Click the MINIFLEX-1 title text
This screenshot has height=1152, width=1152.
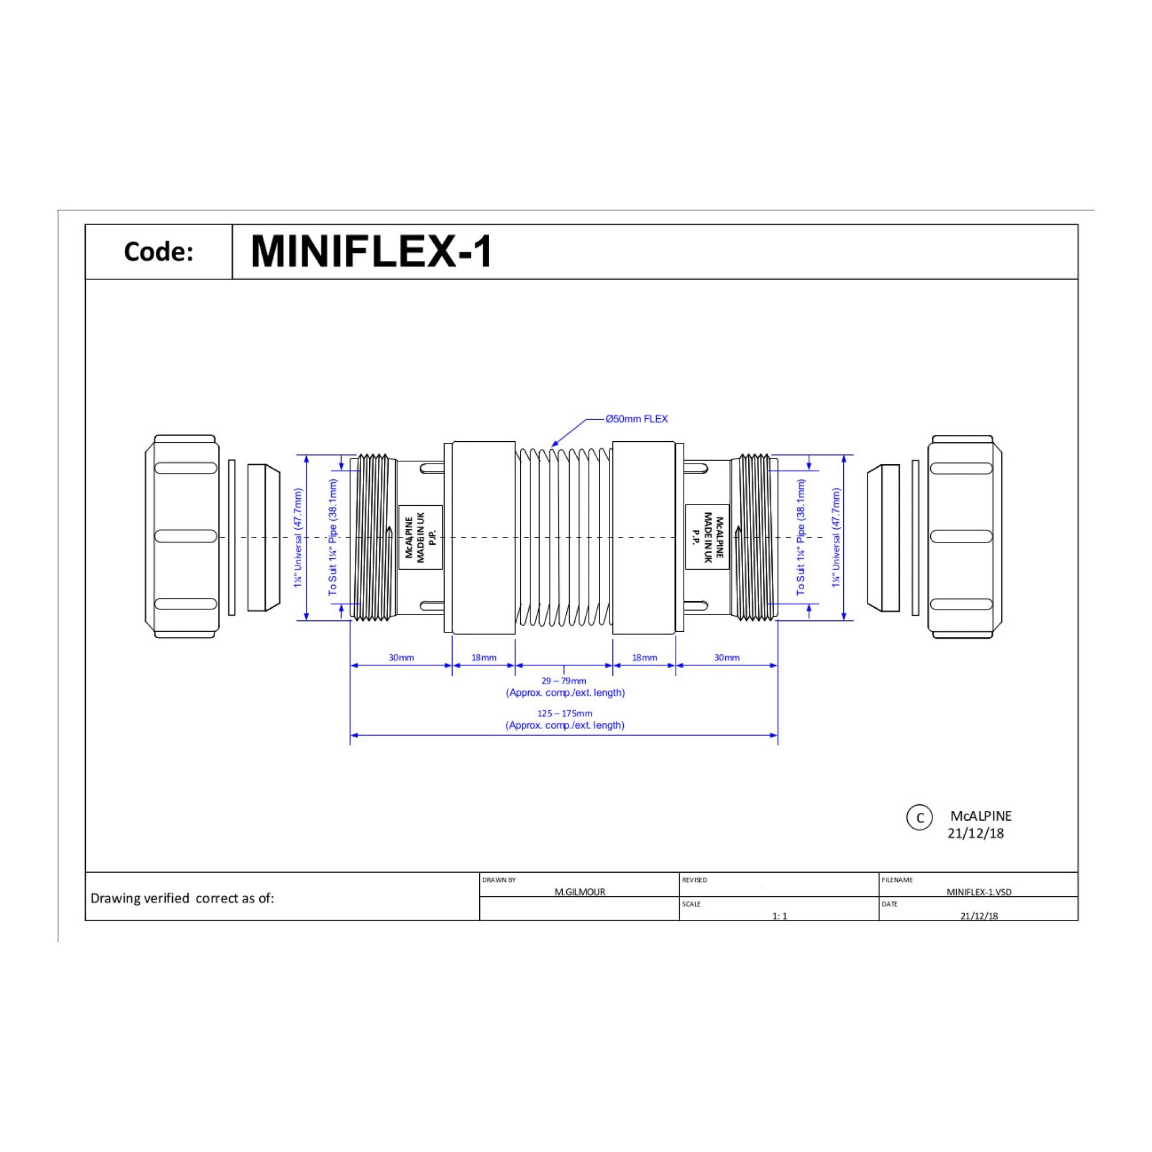372,252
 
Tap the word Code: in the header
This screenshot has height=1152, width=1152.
158,252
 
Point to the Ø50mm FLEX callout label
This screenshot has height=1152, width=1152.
637,419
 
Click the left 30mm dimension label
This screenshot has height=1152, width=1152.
401,658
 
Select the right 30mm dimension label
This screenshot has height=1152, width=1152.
727,658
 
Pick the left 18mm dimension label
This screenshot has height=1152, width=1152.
484,658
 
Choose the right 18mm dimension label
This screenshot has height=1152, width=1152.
645,658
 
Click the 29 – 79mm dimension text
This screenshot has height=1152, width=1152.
564,681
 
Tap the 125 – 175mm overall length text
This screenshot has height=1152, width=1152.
564,713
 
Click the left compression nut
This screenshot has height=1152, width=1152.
183,537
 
